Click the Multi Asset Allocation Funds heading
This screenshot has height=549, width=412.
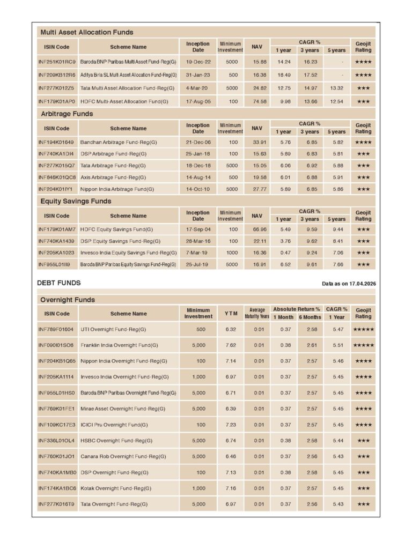coord(87,32)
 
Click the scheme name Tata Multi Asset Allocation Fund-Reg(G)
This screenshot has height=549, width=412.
coord(128,88)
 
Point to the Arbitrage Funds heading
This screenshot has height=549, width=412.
coord(67,114)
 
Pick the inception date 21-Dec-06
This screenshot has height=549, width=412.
coord(198,142)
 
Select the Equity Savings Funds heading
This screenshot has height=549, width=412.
coord(76,201)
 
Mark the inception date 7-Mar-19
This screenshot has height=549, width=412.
coord(198,253)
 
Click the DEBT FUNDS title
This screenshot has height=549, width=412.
coord(59,283)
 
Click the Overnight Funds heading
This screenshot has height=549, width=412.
coord(68,300)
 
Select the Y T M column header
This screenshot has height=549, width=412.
coord(231,314)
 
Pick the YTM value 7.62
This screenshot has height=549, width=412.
coord(231,345)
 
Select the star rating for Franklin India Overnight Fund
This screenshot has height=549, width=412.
coord(363,345)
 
